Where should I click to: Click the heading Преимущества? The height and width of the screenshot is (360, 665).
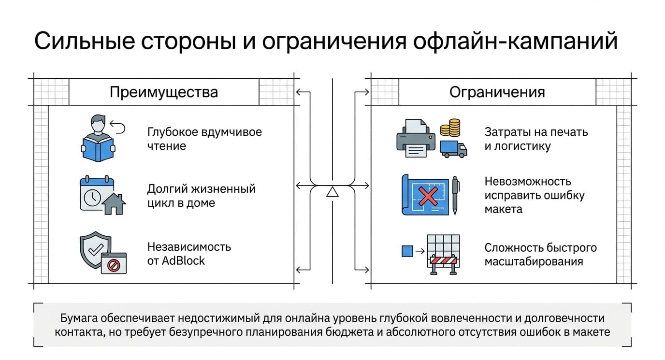click(x=163, y=92)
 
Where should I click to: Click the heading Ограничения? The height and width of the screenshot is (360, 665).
click(x=497, y=92)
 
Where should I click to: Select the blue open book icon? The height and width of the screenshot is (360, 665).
click(x=98, y=149)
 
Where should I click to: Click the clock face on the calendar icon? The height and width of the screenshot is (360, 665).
click(x=92, y=197)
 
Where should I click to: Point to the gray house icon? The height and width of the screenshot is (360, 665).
click(x=114, y=204)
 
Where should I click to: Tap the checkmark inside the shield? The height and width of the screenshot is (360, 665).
click(x=96, y=250)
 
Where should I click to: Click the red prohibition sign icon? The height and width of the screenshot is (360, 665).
click(x=114, y=265)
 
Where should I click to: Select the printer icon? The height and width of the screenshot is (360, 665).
click(x=416, y=138)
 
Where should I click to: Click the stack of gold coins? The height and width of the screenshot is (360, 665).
click(x=450, y=128)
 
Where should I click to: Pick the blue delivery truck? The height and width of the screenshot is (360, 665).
click(x=453, y=149)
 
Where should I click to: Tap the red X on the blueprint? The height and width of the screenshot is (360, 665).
click(x=428, y=196)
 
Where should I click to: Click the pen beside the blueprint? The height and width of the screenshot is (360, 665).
click(x=455, y=195)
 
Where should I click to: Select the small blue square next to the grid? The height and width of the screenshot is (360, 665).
click(x=407, y=251)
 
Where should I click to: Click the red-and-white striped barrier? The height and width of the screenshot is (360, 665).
click(x=443, y=260)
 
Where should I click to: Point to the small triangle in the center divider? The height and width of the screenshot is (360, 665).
click(x=332, y=192)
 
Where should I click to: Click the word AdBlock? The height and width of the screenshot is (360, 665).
click(x=183, y=261)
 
